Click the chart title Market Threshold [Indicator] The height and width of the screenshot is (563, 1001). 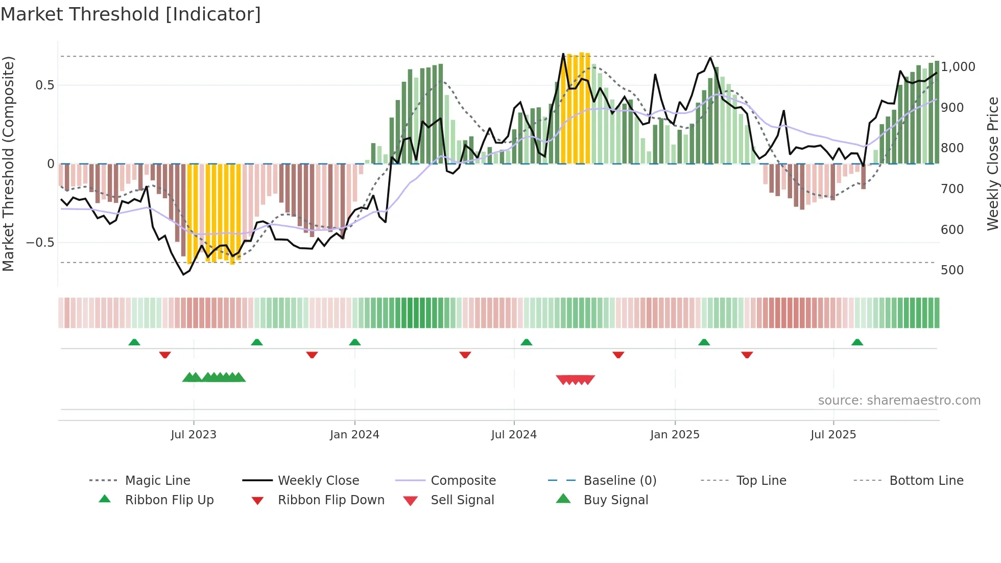[131, 14]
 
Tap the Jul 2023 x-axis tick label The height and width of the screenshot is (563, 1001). [194, 434]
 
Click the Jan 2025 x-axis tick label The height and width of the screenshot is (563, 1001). [675, 434]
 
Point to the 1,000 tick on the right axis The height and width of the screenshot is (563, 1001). [958, 67]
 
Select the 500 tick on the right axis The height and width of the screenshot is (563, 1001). [952, 270]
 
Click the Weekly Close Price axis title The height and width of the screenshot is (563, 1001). [992, 163]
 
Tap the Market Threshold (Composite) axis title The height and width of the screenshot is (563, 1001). [8, 163]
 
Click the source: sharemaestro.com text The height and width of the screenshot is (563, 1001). [899, 400]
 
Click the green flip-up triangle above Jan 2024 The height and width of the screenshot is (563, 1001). [355, 342]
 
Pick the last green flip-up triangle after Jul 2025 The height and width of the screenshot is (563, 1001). [857, 342]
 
